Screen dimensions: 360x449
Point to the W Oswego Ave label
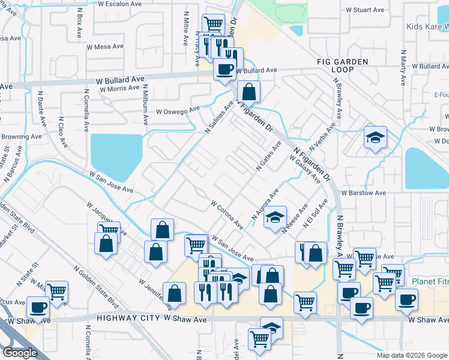[x=178, y=111]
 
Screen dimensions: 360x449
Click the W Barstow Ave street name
[x=364, y=193]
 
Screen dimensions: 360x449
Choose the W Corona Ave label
[x=227, y=215]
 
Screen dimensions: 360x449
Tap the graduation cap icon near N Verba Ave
[x=375, y=137]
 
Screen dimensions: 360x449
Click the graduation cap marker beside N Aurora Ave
[x=276, y=217]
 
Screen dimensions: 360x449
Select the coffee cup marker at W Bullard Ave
[x=225, y=70]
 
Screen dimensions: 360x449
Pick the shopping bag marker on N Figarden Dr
[x=249, y=92]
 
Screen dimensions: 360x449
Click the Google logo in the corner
[x=19, y=353]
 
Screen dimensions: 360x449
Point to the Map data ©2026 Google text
[x=412, y=355]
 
